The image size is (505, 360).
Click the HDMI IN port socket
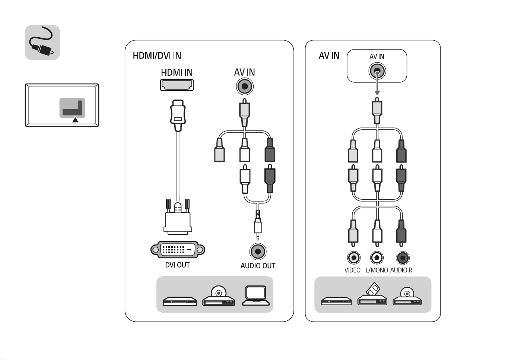point(177,85)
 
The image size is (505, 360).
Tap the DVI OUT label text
point(177,265)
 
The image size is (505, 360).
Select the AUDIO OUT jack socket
point(258,251)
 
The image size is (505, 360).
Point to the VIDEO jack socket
point(354,258)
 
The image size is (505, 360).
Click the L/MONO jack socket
point(377,258)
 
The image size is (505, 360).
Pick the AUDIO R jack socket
point(403,258)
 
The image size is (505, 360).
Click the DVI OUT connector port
point(178,250)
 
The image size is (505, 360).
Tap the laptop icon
point(256,296)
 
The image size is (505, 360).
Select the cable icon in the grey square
point(42,42)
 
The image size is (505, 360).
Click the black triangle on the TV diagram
point(75,120)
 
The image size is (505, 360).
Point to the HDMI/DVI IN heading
point(157,56)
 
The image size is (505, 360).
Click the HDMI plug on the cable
point(178,116)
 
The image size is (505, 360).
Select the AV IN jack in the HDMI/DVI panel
point(245,86)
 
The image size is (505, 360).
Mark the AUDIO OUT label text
point(258,266)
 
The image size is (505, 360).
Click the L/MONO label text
point(377,270)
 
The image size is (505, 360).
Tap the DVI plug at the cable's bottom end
point(178,217)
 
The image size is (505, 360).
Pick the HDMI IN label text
point(177,73)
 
